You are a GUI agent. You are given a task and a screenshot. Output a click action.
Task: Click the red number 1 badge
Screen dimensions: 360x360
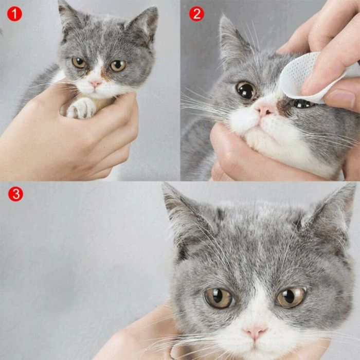pos(14,14)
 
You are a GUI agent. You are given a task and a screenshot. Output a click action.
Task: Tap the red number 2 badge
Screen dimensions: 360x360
pos(196,14)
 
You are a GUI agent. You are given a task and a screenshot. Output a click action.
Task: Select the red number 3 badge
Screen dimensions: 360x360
pos(15,194)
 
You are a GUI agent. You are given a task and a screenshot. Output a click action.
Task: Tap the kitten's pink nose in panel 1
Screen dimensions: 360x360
pos(96,82)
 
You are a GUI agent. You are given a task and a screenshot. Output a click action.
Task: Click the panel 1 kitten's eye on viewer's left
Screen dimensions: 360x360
pos(79,62)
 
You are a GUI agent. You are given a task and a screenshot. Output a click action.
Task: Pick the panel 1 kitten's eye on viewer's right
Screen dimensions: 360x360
pos(117,65)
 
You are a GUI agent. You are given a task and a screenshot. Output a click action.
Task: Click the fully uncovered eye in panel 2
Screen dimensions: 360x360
pos(246,90)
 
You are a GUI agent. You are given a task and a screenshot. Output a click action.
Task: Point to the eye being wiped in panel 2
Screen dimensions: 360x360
pos(302,103)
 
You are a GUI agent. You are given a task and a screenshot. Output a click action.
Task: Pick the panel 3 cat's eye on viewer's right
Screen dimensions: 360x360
pos(292,296)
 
